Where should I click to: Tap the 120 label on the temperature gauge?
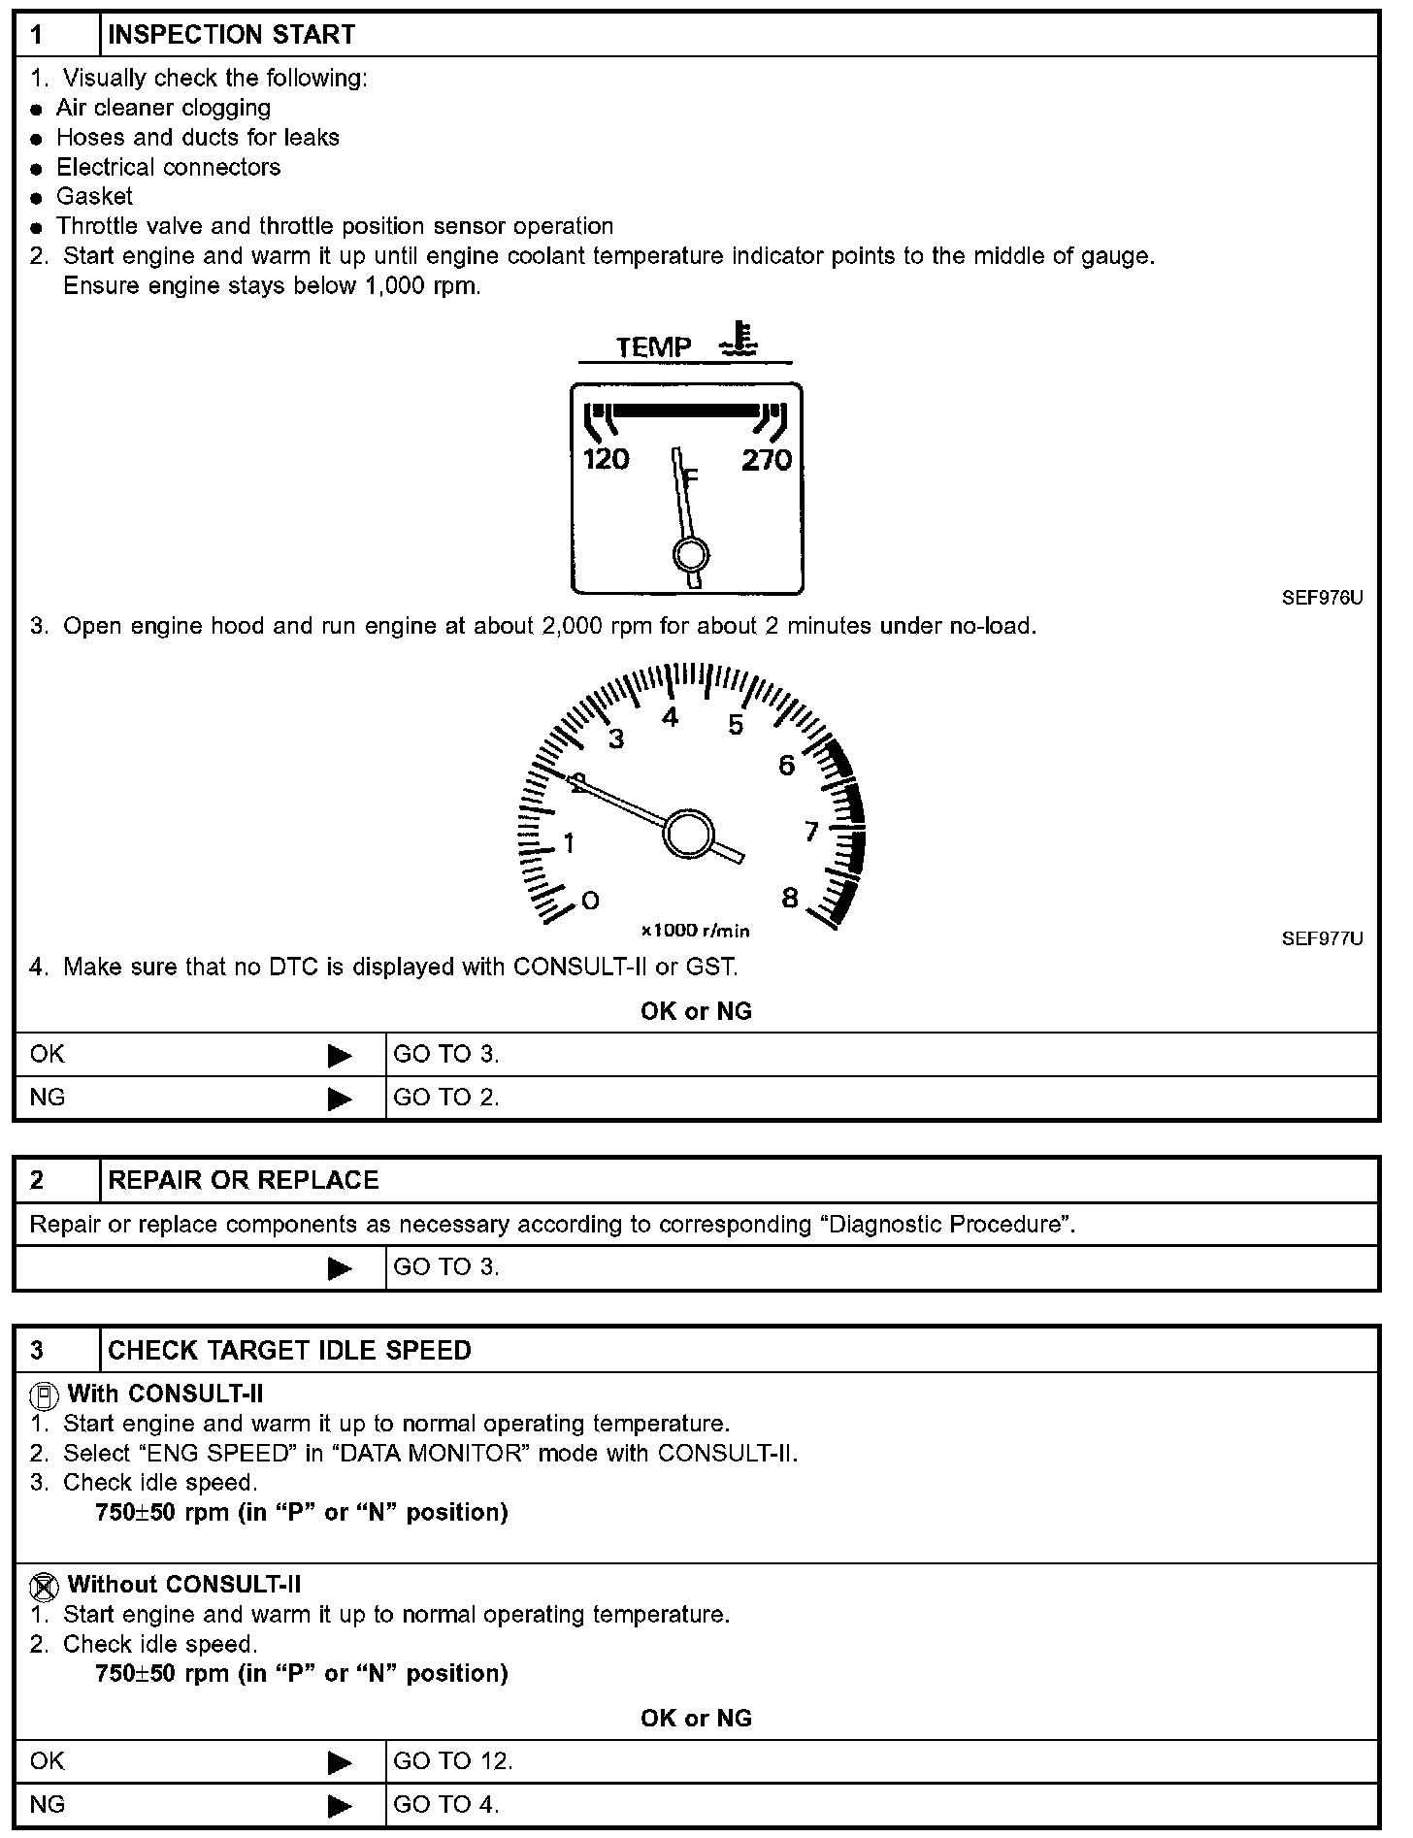coord(607,459)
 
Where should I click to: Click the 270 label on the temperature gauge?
coord(767,459)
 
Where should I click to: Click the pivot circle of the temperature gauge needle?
coord(690,555)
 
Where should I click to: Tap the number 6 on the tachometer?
coord(786,766)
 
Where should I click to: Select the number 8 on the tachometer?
coord(790,898)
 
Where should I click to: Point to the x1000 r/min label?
coord(695,931)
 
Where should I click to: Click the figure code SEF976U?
coord(1322,599)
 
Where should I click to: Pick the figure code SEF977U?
coord(1322,938)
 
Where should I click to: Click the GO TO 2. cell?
coord(446,1098)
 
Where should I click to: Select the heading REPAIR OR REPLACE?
coord(243,1180)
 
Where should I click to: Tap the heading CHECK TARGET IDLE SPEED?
coord(289,1350)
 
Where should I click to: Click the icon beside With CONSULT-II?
coord(43,1396)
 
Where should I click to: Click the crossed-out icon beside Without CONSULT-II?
coord(43,1587)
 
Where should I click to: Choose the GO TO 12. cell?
coord(453,1760)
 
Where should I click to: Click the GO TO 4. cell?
coord(446,1804)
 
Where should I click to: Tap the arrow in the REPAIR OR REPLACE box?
coord(340,1268)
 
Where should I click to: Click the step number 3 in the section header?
coord(37,1350)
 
